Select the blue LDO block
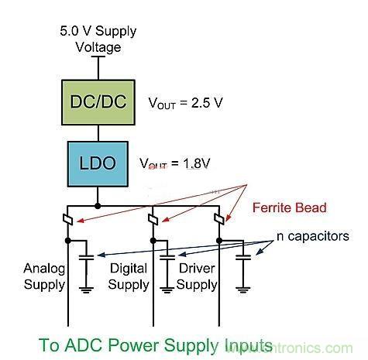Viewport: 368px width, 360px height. coord(98,163)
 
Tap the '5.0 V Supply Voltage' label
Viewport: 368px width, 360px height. coord(98,39)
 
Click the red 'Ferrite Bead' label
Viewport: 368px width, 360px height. coord(288,207)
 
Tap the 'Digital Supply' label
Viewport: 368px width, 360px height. coord(129,276)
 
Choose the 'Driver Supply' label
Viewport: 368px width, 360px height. coord(197,276)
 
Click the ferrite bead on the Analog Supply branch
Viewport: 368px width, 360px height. coord(69,222)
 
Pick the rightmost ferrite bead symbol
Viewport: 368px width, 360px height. coord(222,222)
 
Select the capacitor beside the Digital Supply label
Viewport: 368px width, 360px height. coord(167,255)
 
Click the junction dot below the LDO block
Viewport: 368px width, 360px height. coord(98,206)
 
